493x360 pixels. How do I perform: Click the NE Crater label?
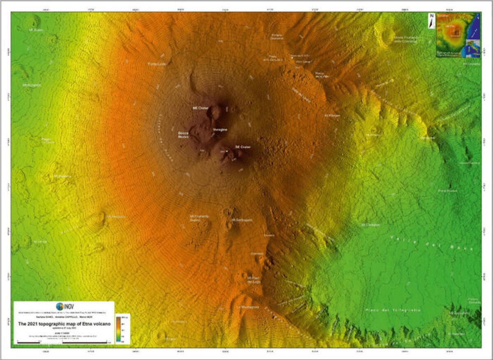pos(201,108)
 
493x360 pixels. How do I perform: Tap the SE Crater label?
pos(242,147)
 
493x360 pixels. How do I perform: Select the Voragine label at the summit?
pos(220,130)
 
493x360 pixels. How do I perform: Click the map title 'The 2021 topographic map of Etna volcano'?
pos(64,324)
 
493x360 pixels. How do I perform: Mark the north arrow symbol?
pos(431,20)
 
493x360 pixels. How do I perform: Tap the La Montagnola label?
pos(248,307)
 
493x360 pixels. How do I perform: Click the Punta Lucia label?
pos(156,64)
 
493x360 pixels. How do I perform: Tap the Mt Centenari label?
pos(371,225)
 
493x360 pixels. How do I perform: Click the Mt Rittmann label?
pos(332,115)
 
